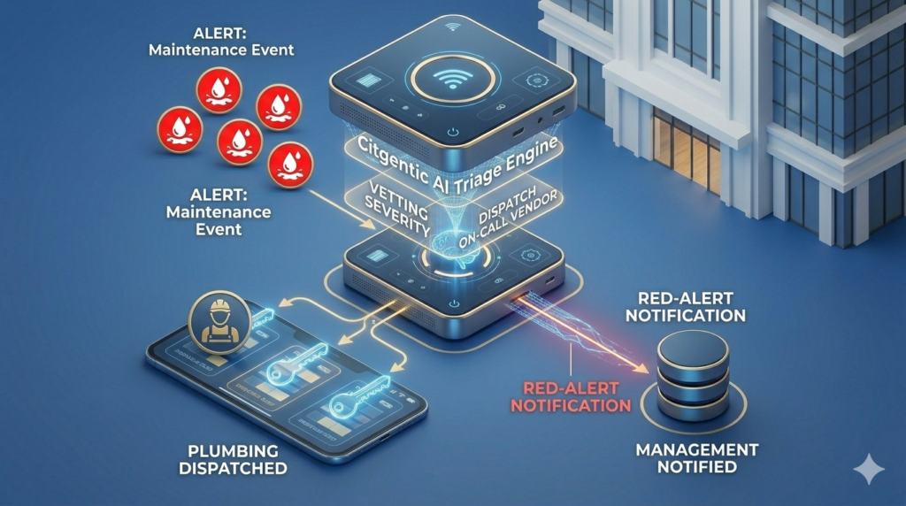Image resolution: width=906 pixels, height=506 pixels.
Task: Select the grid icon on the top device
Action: pos(371,79)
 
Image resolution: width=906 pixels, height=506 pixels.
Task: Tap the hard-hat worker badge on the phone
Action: pos(215,325)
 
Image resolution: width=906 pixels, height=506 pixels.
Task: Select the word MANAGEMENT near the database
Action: pos(697,450)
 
